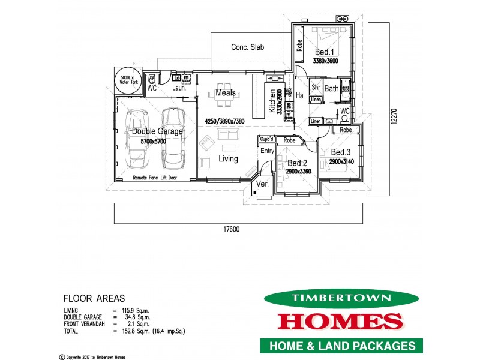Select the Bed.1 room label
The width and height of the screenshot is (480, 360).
325,52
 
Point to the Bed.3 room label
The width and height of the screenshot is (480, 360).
340,153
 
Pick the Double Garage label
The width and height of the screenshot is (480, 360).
154,131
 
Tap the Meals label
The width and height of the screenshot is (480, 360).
226,93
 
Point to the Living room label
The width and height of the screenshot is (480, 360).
228,159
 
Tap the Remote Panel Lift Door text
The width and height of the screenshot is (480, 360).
154,179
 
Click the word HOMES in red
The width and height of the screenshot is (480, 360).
340,321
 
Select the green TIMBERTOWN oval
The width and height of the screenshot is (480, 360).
340,298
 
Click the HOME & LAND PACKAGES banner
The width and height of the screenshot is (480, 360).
341,346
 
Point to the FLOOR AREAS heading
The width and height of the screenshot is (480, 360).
94,298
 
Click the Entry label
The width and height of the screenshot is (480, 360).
266,151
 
